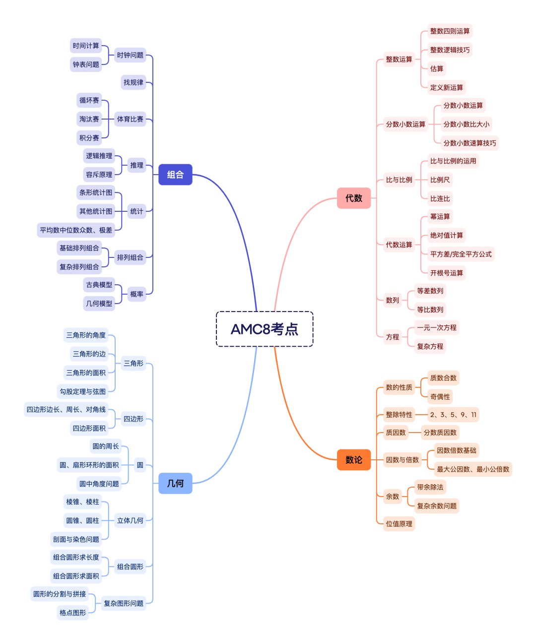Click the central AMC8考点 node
click(265, 329)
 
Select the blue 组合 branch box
click(175, 175)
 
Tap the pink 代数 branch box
click(354, 198)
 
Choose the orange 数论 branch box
click(354, 460)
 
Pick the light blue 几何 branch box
click(175, 483)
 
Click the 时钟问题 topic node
click(130, 55)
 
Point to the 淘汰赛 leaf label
click(89, 119)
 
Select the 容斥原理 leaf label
click(99, 175)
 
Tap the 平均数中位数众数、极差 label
click(76, 230)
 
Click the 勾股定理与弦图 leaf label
click(83, 391)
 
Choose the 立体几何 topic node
click(130, 520)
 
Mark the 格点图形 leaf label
click(73, 613)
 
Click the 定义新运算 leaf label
click(447, 87)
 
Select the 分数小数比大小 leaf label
click(467, 124)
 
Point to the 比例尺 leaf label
click(440, 180)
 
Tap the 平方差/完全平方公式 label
click(461, 254)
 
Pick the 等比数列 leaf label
click(430, 310)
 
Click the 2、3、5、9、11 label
click(453, 415)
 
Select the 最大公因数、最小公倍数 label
click(473, 469)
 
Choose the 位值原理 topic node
click(399, 524)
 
